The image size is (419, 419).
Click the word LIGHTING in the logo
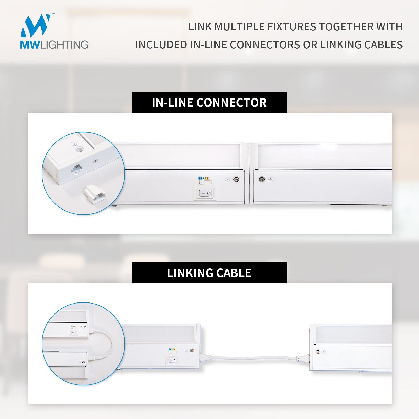[x=64, y=45]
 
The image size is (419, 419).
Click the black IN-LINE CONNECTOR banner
[x=209, y=102]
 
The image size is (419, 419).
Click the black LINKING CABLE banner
[x=209, y=273]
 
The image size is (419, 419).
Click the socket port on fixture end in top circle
[x=76, y=169]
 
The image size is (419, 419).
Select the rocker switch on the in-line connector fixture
[x=205, y=193]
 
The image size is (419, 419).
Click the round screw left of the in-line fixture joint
[x=236, y=179]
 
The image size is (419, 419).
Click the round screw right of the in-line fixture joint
[x=262, y=179]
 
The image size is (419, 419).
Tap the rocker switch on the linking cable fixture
[x=172, y=361]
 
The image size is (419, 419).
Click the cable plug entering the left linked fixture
[x=206, y=357]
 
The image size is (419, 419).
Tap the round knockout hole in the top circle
[x=79, y=150]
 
